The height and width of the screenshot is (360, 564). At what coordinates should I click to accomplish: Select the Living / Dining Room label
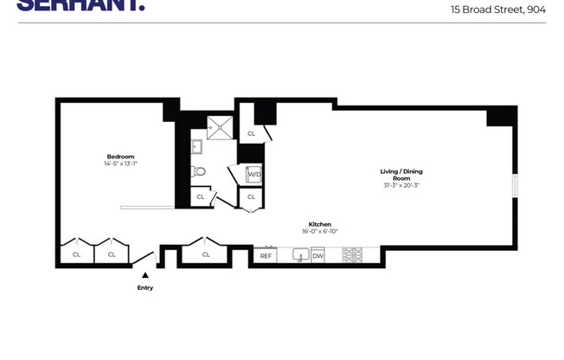point(401,175)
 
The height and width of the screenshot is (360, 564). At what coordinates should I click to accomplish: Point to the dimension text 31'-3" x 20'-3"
point(401,185)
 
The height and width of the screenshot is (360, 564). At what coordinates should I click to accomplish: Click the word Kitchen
point(320,224)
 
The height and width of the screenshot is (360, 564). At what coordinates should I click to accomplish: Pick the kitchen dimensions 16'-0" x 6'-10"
point(320,231)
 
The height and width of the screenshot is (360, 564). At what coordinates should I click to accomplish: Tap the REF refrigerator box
point(266,255)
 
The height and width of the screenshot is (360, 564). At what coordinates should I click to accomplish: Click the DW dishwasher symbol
point(317,255)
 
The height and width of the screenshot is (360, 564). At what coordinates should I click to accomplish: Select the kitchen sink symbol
point(300,255)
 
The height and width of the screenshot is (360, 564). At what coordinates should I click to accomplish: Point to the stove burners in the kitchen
point(351,255)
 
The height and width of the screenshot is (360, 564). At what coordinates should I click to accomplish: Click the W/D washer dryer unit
point(254,175)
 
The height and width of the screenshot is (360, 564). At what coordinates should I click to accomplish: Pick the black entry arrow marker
point(145,275)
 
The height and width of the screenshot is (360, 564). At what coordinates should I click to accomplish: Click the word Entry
point(145,288)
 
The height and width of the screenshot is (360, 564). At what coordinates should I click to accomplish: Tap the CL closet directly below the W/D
point(251,197)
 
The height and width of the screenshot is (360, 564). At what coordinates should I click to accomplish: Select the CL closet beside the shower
point(251,133)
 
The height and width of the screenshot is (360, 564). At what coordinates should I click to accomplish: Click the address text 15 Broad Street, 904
point(497,10)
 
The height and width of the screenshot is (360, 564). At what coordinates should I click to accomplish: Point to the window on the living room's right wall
point(515,186)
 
